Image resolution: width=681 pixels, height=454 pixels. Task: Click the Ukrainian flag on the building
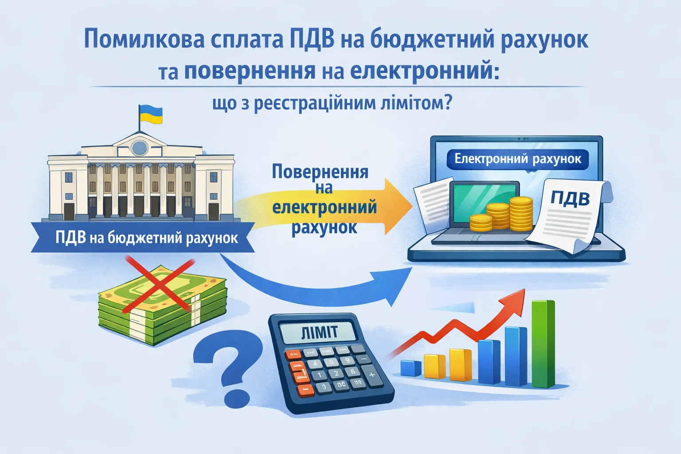tap(151, 114)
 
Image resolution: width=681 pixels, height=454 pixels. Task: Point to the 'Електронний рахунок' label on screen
tap(517, 159)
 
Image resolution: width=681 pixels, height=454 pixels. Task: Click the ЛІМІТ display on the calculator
tap(319, 332)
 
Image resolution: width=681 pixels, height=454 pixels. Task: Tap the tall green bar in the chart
tap(543, 344)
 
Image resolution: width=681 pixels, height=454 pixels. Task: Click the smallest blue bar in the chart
tap(411, 368)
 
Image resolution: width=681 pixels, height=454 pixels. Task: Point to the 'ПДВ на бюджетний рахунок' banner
tap(146, 238)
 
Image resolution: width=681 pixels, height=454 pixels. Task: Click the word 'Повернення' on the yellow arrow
tap(320, 172)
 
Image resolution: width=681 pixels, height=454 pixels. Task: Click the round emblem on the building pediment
tap(139, 147)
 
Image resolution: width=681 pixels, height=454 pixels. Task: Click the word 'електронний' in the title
tap(421, 71)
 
